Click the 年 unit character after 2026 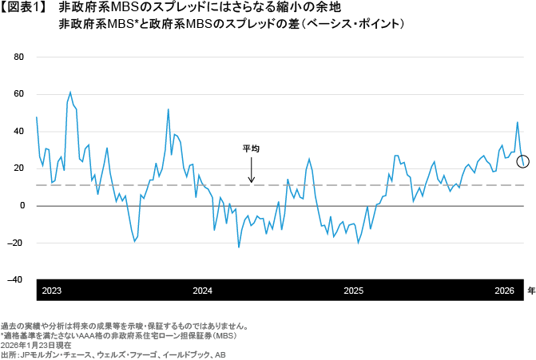click(530, 291)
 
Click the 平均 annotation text click(252, 148)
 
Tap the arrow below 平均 click(252, 169)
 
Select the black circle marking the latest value click(523, 162)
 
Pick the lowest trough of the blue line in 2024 click(239, 247)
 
